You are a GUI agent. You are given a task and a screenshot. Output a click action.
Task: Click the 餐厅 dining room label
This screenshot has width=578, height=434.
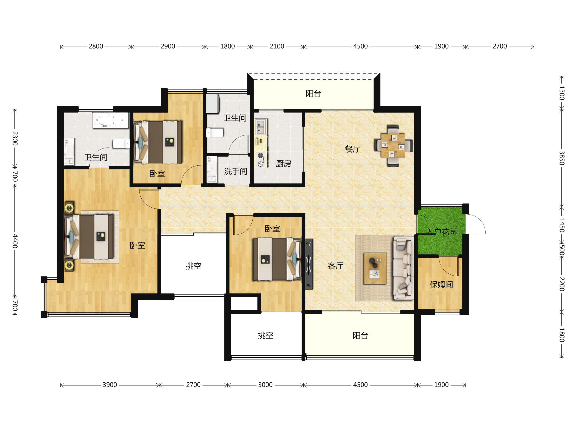pyautogui.click(x=353, y=149)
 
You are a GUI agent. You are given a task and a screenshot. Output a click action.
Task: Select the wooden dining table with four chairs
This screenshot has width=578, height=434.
pyautogui.click(x=393, y=146)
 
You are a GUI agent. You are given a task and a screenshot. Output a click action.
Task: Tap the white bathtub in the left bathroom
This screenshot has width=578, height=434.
pyautogui.click(x=111, y=120)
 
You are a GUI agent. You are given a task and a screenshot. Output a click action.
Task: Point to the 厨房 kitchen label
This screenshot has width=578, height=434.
pyautogui.click(x=283, y=164)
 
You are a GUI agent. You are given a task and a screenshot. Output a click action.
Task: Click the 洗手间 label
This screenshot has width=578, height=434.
pyautogui.click(x=236, y=171)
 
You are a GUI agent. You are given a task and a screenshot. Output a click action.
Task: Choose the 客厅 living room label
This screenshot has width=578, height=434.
pyautogui.click(x=335, y=266)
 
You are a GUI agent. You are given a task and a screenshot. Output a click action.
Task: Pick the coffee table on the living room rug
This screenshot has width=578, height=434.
pyautogui.click(x=375, y=268)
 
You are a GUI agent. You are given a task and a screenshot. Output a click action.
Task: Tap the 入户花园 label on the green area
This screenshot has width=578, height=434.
pyautogui.click(x=441, y=232)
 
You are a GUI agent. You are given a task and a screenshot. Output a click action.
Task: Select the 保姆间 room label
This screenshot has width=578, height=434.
pyautogui.click(x=441, y=284)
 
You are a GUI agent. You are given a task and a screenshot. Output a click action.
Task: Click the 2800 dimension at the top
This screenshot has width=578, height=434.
pyautogui.click(x=96, y=46)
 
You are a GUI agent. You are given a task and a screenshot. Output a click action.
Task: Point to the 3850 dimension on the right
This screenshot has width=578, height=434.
pyautogui.click(x=562, y=158)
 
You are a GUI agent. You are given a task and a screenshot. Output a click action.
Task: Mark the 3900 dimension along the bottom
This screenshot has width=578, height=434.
pyautogui.click(x=110, y=385)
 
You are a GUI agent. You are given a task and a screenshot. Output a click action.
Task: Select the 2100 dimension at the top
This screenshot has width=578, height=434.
pyautogui.click(x=277, y=46)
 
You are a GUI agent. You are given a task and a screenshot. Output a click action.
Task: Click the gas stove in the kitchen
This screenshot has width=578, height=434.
pyautogui.click(x=261, y=160)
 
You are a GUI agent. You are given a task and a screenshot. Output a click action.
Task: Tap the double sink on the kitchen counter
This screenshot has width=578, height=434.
pyautogui.click(x=261, y=127)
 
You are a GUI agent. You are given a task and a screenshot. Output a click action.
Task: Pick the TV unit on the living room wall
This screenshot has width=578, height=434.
pyautogui.click(x=309, y=264)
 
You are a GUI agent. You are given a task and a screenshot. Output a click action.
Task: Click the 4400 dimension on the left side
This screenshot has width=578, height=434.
pyautogui.click(x=15, y=241)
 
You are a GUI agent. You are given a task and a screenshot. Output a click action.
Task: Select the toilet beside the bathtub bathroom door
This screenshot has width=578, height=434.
pyautogui.click(x=121, y=144)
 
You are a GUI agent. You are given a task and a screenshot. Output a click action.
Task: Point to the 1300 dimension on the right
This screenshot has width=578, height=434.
pyautogui.click(x=562, y=93)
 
